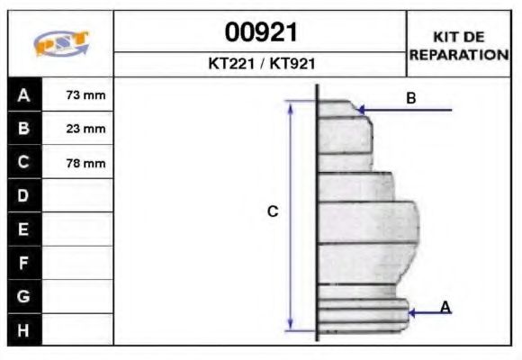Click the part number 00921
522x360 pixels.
260,33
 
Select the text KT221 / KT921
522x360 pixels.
260,65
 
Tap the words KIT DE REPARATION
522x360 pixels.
459,45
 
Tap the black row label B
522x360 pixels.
23,129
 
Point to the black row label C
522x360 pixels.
23,163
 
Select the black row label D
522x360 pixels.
23,196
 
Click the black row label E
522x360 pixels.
23,229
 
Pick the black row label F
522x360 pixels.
23,263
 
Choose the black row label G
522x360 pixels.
23,296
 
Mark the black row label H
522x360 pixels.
23,329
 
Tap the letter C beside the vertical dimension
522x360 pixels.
273,212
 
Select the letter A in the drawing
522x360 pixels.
445,308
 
